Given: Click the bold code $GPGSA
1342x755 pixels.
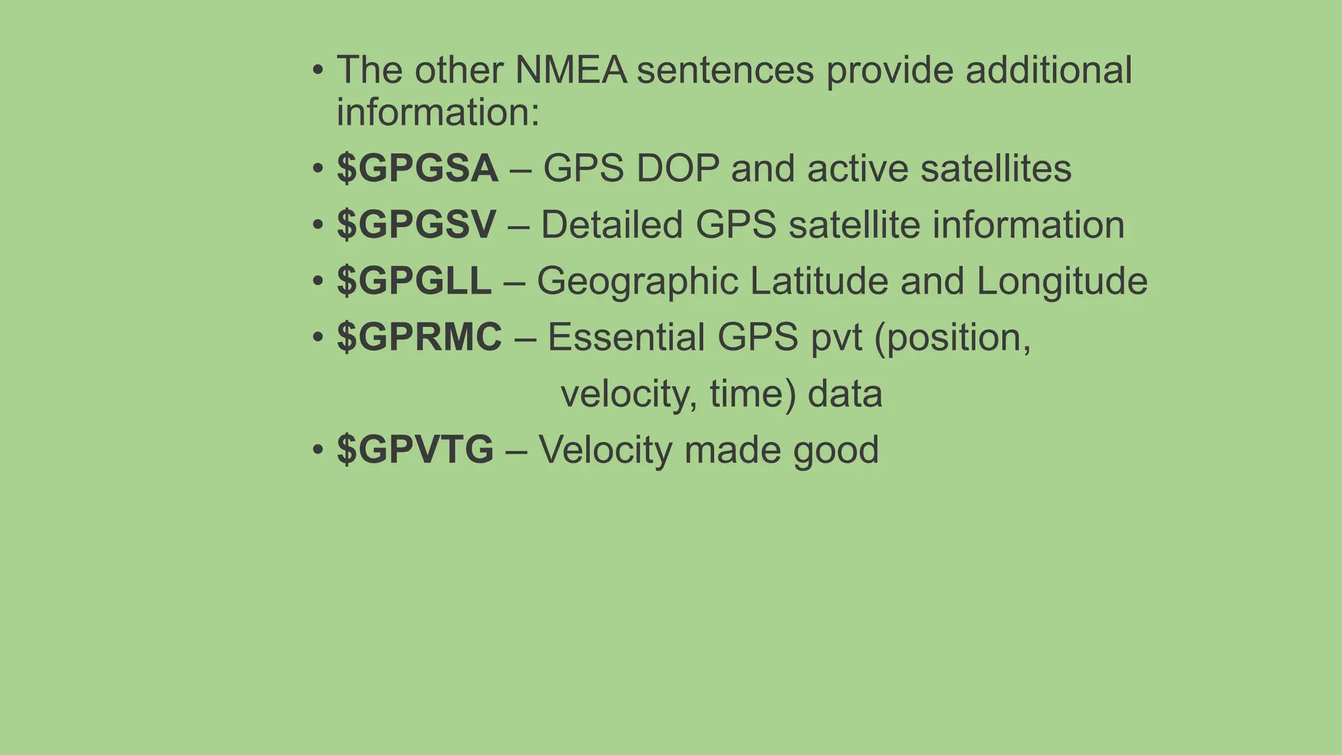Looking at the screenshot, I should [417, 168].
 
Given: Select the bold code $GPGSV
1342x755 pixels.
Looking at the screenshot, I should [416, 225].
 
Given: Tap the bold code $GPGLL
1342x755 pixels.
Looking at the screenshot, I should [413, 281].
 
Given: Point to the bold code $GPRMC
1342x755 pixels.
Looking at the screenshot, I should [419, 338].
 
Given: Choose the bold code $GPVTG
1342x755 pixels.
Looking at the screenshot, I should [415, 450].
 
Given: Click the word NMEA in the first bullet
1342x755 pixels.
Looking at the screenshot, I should [571, 70].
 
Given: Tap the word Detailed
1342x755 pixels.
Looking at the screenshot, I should [611, 225].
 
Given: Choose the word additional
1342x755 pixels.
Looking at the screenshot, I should [1048, 70].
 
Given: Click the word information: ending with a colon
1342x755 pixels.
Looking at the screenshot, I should [438, 113].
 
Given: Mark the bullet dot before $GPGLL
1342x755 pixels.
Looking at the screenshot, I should [318, 282].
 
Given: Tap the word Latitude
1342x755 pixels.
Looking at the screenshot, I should [819, 281].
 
